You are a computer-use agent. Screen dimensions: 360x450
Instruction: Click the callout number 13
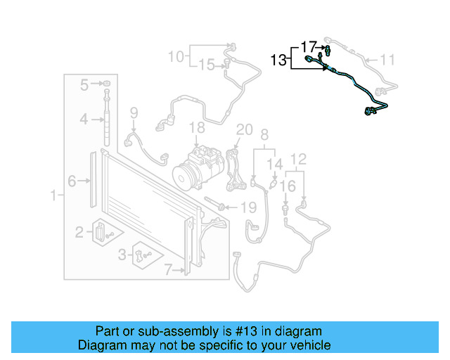pyautogui.click(x=278, y=61)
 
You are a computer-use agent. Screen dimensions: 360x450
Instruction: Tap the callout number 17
pyautogui.click(x=309, y=47)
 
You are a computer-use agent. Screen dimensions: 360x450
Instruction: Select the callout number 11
pyautogui.click(x=388, y=60)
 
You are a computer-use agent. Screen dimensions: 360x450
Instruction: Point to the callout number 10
pyautogui.click(x=176, y=56)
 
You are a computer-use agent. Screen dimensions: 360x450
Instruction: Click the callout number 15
pyautogui.click(x=206, y=65)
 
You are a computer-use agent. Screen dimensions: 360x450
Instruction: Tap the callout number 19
pyautogui.click(x=248, y=207)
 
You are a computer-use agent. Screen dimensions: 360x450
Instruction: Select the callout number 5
pyautogui.click(x=84, y=85)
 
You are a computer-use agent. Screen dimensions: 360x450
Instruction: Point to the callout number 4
pyautogui.click(x=83, y=120)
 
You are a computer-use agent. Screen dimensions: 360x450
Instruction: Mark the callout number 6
pyautogui.click(x=72, y=181)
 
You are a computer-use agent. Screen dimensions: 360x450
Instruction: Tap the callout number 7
pyautogui.click(x=168, y=268)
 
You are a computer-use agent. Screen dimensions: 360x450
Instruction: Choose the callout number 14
pyautogui.click(x=277, y=164)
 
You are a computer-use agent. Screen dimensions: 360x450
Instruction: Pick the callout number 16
pyautogui.click(x=287, y=186)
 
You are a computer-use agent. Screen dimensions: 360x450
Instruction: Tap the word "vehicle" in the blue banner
pyautogui.click(x=305, y=345)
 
